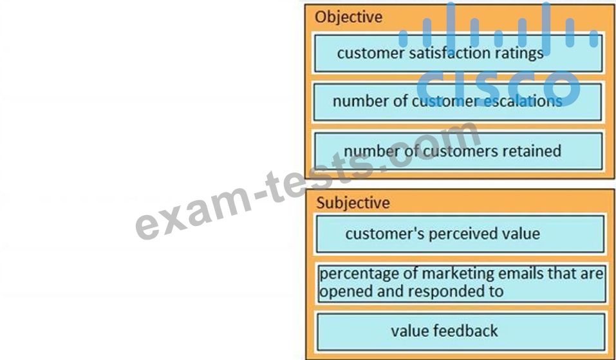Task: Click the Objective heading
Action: pos(348,17)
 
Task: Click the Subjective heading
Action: pos(353,203)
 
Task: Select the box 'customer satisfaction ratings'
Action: pos(458,53)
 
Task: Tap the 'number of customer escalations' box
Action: pos(458,102)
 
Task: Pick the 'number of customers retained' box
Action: pos(458,151)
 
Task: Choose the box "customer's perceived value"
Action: pos(460,234)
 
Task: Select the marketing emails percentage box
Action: pos(461,283)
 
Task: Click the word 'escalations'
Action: pos(522,101)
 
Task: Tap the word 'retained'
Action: pos(531,151)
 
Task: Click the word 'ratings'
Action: pos(520,53)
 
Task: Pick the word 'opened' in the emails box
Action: pos(342,291)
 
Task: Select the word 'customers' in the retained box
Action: pos(454,151)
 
